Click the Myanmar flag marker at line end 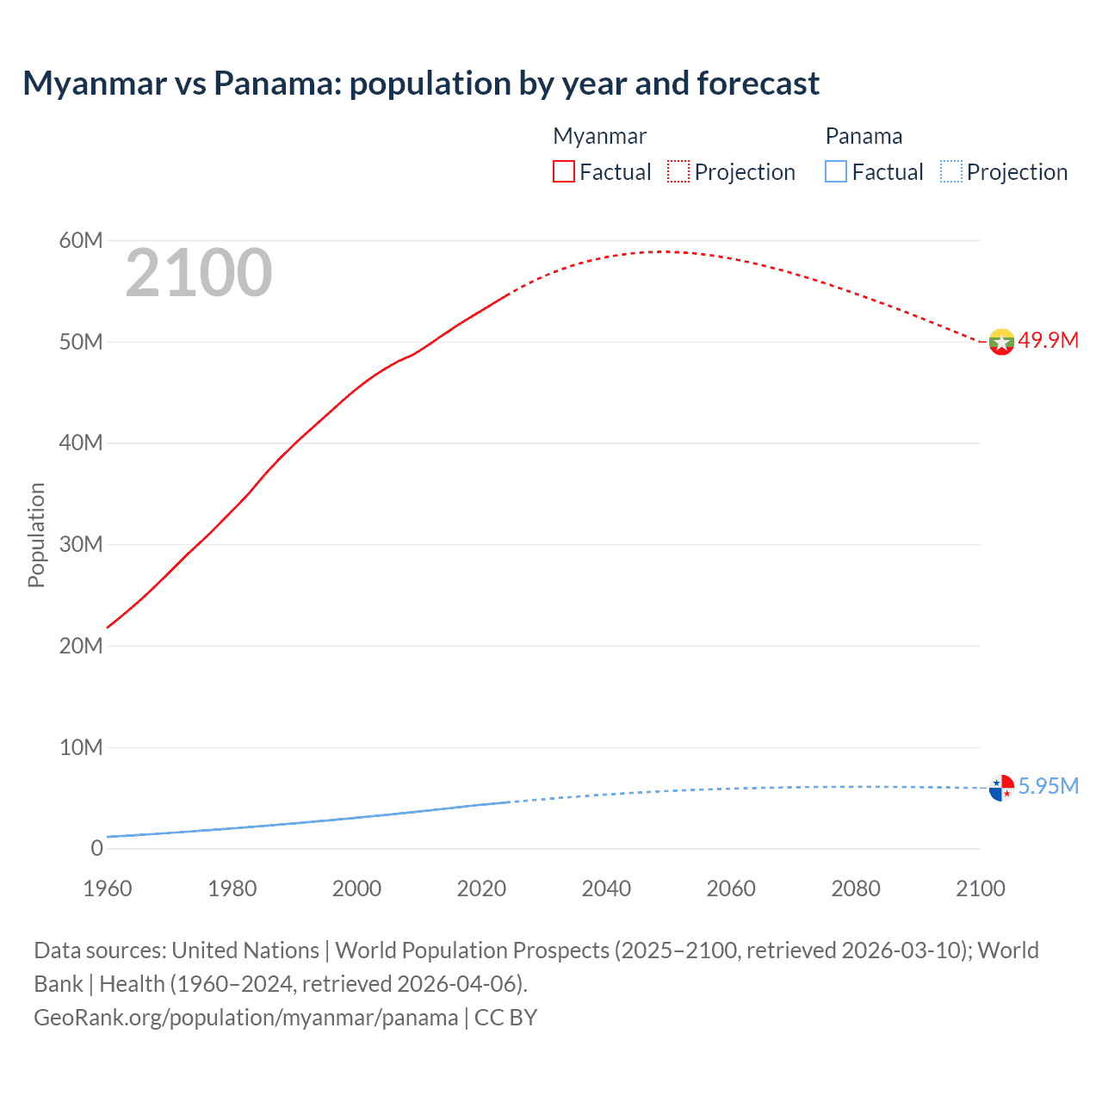[1001, 342]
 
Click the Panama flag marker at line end [1001, 788]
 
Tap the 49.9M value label [1048, 340]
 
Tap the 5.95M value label [1048, 786]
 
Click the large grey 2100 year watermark [199, 273]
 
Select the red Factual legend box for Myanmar [563, 171]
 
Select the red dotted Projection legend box [678, 171]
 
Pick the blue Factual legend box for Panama [835, 171]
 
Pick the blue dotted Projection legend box [950, 171]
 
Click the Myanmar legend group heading [599, 136]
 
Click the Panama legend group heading [864, 136]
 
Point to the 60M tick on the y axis [81, 240]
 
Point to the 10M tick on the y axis [81, 747]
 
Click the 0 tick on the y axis [96, 848]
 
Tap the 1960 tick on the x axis [108, 888]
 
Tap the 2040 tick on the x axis [606, 888]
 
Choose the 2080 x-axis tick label [856, 888]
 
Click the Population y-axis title [36, 535]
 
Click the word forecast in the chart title [758, 84]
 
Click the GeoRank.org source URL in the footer [246, 1017]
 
